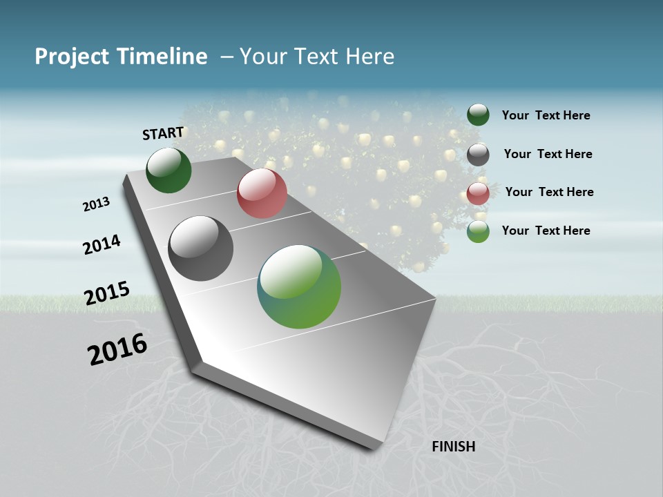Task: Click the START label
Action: (x=163, y=133)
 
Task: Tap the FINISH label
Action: (x=453, y=447)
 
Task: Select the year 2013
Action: (x=96, y=204)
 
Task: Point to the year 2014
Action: (x=102, y=245)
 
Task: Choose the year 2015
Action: (x=107, y=293)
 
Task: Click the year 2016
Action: (x=117, y=349)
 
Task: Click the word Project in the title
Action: (x=72, y=57)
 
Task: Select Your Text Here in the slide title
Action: (x=317, y=57)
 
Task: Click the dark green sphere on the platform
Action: (x=169, y=170)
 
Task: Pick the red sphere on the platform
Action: (x=262, y=193)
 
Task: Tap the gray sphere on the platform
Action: (x=201, y=248)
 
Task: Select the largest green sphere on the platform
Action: (x=299, y=286)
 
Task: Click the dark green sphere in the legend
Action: (x=478, y=115)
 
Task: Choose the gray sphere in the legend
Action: (x=478, y=155)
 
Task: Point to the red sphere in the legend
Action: (x=478, y=193)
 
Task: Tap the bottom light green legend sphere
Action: (x=478, y=231)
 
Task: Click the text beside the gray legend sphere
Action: (x=548, y=154)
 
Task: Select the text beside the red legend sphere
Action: (x=549, y=192)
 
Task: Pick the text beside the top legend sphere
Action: (x=546, y=115)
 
